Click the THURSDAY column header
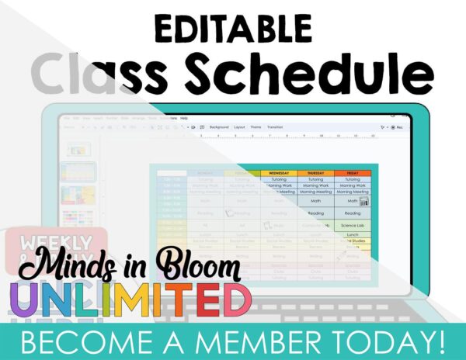pyautogui.click(x=317, y=172)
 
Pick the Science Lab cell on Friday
pyautogui.click(x=353, y=226)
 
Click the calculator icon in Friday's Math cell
pyautogui.click(x=363, y=201)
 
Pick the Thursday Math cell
pyautogui.click(x=317, y=200)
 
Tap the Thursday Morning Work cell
pyautogui.click(x=317, y=185)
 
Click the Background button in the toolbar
pyautogui.click(x=219, y=126)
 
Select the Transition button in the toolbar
pyautogui.click(x=274, y=126)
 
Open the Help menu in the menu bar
pyautogui.click(x=184, y=118)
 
